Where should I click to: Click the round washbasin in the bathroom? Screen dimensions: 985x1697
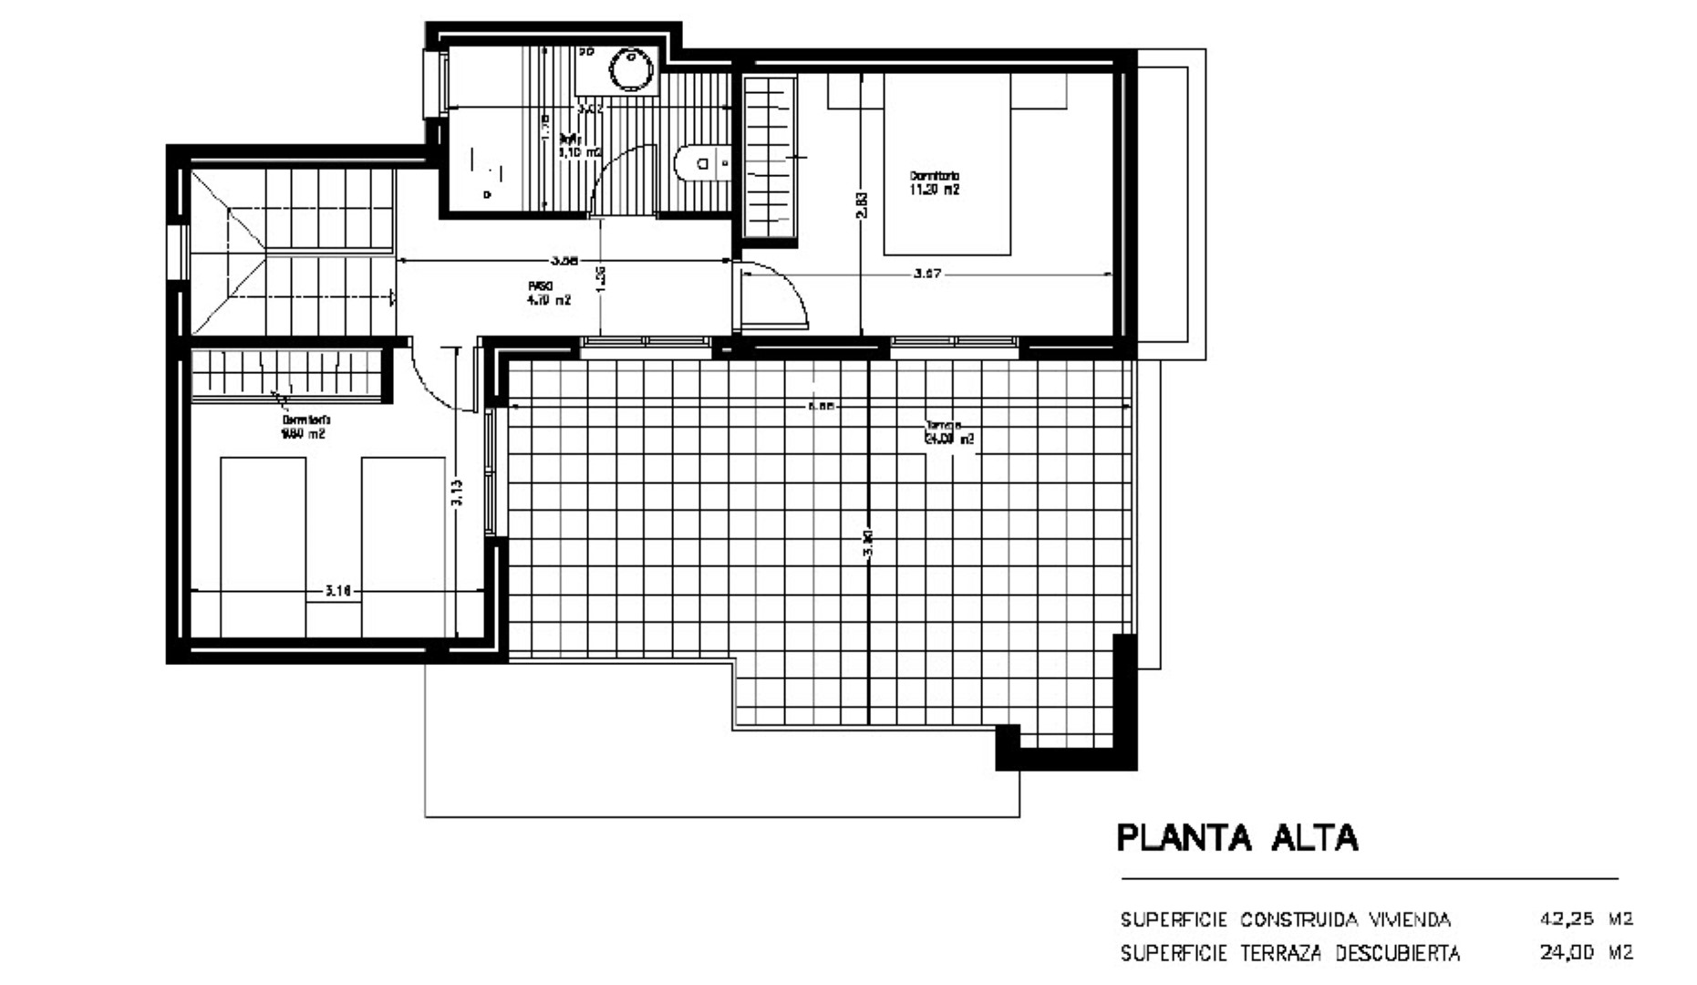pyautogui.click(x=627, y=69)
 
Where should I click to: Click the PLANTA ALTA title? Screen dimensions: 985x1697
pyautogui.click(x=1237, y=837)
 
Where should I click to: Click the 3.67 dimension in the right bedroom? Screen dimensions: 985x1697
pyautogui.click(x=926, y=274)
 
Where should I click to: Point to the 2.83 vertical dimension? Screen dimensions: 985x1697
pyautogui.click(x=862, y=204)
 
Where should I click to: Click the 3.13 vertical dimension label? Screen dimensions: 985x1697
pyautogui.click(x=457, y=493)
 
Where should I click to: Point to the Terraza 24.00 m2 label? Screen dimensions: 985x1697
pyautogui.click(x=949, y=432)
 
